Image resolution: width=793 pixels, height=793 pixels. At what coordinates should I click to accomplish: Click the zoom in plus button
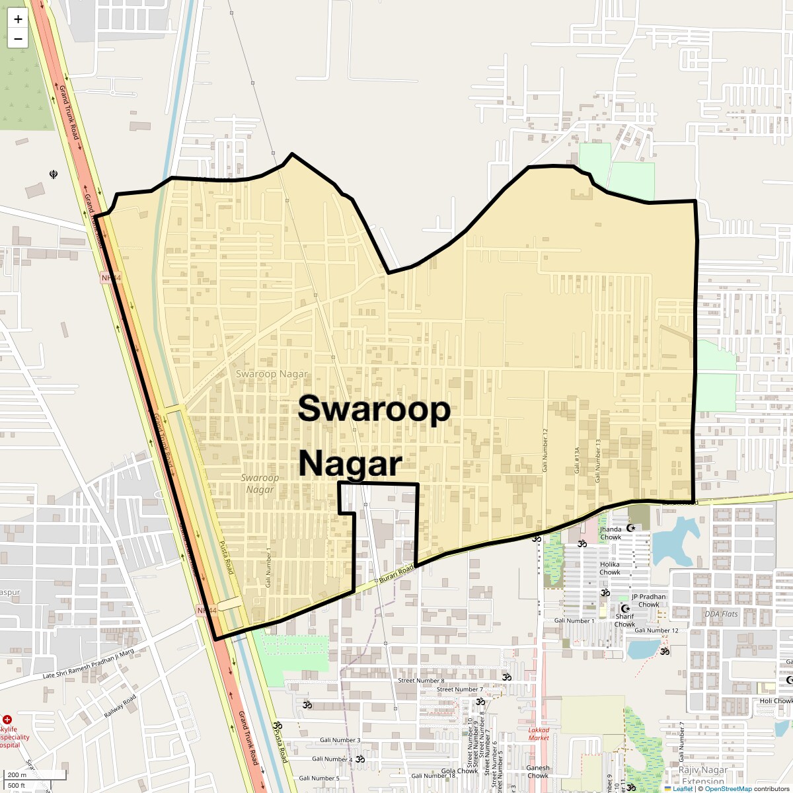(18, 19)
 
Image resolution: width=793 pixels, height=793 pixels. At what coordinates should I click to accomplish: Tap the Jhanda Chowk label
(611, 533)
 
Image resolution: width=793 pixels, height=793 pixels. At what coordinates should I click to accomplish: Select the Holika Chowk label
(610, 568)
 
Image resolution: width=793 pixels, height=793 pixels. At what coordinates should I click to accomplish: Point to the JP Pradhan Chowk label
(648, 600)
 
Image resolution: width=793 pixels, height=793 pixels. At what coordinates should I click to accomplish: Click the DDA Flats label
(721, 614)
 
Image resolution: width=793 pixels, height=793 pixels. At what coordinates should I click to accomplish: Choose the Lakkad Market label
(539, 734)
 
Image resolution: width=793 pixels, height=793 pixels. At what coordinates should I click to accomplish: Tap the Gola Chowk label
(459, 771)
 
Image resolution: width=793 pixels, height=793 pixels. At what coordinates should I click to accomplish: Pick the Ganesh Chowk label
(538, 772)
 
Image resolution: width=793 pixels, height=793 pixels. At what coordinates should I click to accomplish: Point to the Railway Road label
(120, 706)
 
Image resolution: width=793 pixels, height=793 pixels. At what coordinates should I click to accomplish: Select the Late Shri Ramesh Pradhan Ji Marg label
(89, 663)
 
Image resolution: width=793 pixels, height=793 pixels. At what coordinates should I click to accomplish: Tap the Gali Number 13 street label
(598, 460)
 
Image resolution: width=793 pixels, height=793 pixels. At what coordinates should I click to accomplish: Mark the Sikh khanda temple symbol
(54, 174)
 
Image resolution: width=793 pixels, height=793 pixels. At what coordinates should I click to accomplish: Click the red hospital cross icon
(7, 719)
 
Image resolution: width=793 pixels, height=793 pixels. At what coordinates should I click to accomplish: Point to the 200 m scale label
(17, 775)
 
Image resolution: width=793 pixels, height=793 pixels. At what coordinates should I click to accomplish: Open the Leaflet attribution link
(683, 788)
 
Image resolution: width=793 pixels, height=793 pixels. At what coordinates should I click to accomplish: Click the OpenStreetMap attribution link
(728, 788)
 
